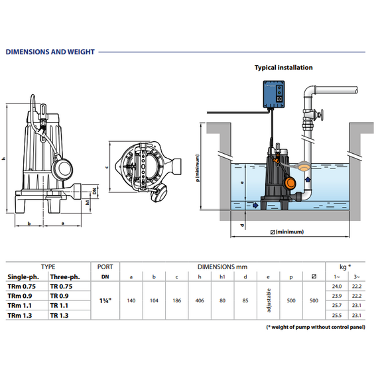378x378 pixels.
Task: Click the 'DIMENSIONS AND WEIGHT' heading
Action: (50, 52)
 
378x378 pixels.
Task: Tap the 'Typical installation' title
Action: (284, 68)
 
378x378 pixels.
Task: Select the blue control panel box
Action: (274, 94)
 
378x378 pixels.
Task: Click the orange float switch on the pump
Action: (290, 182)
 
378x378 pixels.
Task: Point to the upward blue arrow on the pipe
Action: (308, 180)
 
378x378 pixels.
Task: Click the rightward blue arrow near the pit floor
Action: (255, 205)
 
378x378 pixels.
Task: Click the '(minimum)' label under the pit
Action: (290, 231)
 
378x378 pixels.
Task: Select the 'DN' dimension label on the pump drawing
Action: (95, 191)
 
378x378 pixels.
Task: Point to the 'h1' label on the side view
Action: (88, 202)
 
